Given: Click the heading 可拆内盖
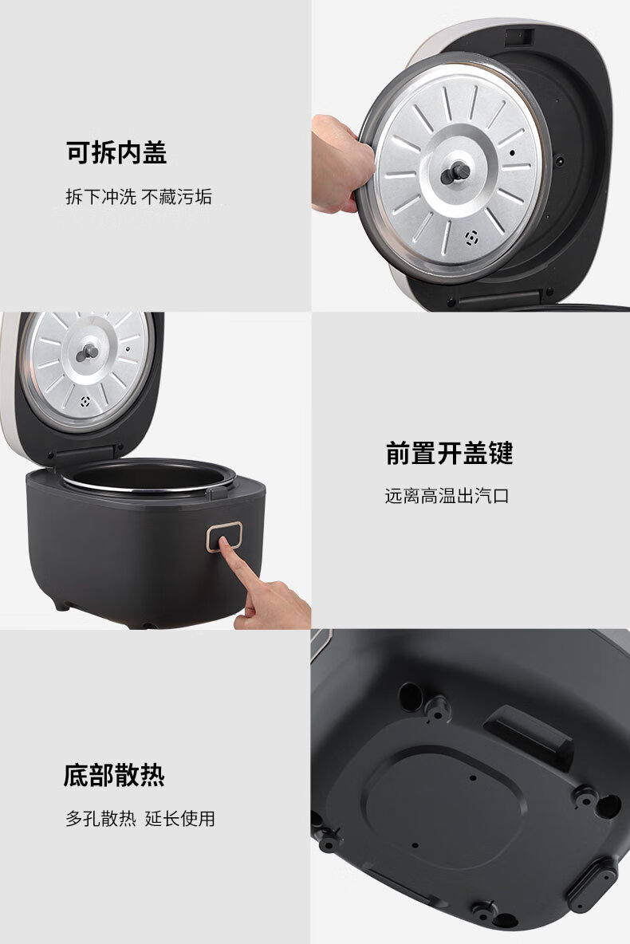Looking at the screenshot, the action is pyautogui.click(x=116, y=152).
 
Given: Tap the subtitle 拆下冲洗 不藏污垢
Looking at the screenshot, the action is pyautogui.click(x=139, y=197).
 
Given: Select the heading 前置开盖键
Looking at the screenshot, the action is pyautogui.click(x=449, y=453).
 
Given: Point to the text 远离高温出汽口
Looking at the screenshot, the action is pyautogui.click(x=447, y=495).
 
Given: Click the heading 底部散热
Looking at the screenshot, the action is pyautogui.click(x=114, y=775).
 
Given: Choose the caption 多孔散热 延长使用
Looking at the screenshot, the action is pyautogui.click(x=140, y=818).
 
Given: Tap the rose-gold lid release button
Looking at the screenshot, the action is pyautogui.click(x=224, y=537).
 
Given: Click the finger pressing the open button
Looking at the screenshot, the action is pyautogui.click(x=265, y=587).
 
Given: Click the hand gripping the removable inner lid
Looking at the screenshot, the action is pyautogui.click(x=341, y=163).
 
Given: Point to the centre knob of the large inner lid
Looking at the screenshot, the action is pyautogui.click(x=455, y=173).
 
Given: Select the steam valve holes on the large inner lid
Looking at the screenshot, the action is pyautogui.click(x=472, y=238).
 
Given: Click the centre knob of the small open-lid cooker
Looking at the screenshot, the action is pyautogui.click(x=88, y=352).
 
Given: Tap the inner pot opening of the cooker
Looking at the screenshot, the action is pyautogui.click(x=148, y=476).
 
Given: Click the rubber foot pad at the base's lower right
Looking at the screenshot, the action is pyautogui.click(x=593, y=884).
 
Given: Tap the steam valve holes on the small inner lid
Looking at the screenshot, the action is pyautogui.click(x=85, y=402).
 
